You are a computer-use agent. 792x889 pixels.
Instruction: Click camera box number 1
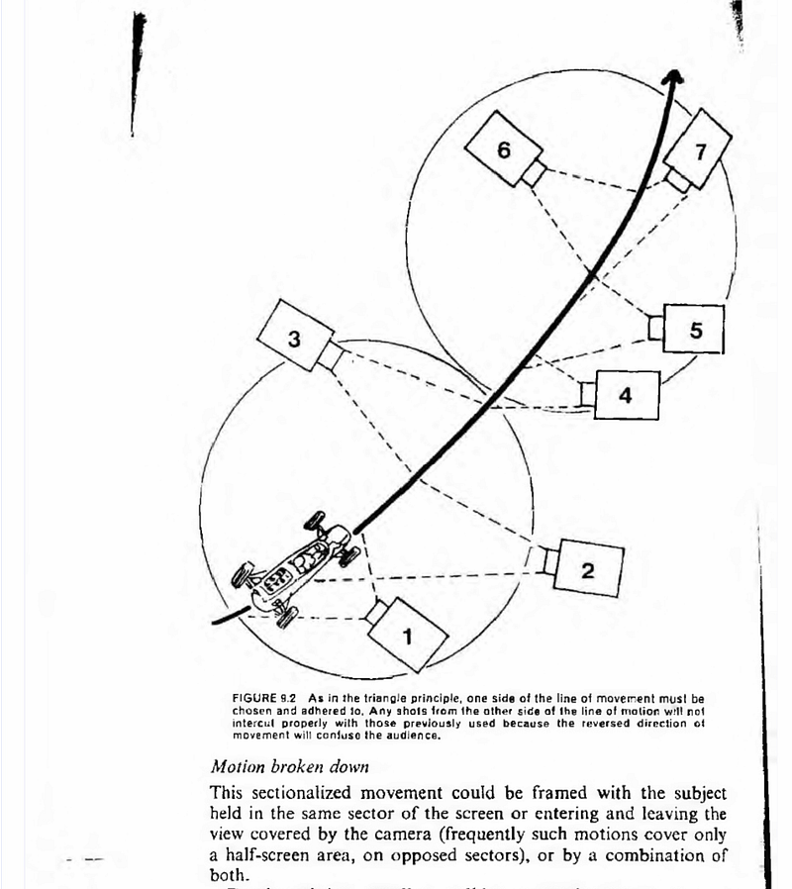(x=408, y=634)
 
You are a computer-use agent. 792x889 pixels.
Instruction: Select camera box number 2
(x=586, y=568)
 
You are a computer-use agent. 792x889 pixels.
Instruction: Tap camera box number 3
(x=293, y=338)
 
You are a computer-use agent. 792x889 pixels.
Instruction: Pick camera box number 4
(x=625, y=395)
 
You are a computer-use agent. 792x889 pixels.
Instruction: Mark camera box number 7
(x=699, y=150)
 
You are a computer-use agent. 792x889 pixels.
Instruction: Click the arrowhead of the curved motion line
(x=674, y=79)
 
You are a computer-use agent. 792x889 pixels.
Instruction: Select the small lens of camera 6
(x=534, y=172)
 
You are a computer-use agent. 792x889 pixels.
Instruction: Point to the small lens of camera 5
(x=655, y=327)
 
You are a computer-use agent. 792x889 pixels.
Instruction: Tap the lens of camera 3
(x=330, y=356)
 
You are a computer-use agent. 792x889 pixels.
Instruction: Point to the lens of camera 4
(x=588, y=394)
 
